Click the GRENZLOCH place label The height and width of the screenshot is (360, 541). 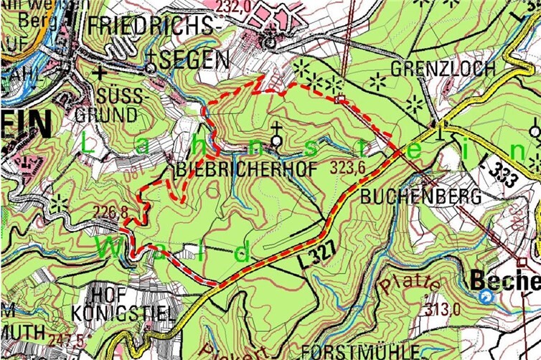(x=443, y=69)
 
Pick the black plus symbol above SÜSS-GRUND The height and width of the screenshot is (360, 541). (x=101, y=72)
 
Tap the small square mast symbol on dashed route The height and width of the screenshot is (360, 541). (x=342, y=98)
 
